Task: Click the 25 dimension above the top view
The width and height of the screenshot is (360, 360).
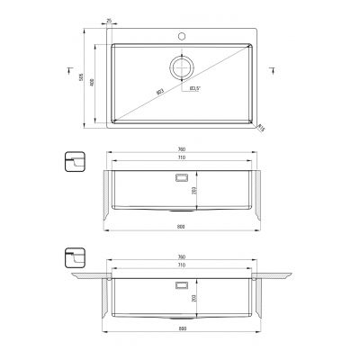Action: tap(109, 19)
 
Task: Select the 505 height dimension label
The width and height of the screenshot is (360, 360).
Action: tap(82, 79)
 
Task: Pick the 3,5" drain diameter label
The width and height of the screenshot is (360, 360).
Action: tap(194, 89)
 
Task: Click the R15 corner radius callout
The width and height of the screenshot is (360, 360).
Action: tap(262, 127)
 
